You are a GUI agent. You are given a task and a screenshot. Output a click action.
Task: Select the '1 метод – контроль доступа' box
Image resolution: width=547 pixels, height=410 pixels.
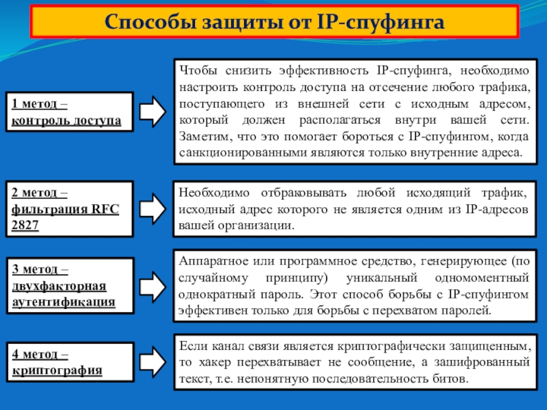pos(69,112)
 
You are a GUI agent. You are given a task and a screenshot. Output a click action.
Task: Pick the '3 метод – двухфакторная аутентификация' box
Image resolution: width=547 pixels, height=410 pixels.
pos(69,286)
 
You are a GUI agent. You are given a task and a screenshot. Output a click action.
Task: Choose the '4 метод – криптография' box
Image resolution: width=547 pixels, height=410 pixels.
pos(69,363)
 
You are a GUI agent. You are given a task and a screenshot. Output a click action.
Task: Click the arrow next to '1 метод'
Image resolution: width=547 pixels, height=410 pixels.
pos(152,112)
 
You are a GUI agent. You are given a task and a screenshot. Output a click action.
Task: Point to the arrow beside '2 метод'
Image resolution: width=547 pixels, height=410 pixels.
pos(152,208)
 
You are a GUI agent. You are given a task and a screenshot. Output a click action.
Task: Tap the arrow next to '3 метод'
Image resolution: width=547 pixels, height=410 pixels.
pos(152,286)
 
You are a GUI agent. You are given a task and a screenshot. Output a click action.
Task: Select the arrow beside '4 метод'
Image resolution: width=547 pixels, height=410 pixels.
pos(152,363)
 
